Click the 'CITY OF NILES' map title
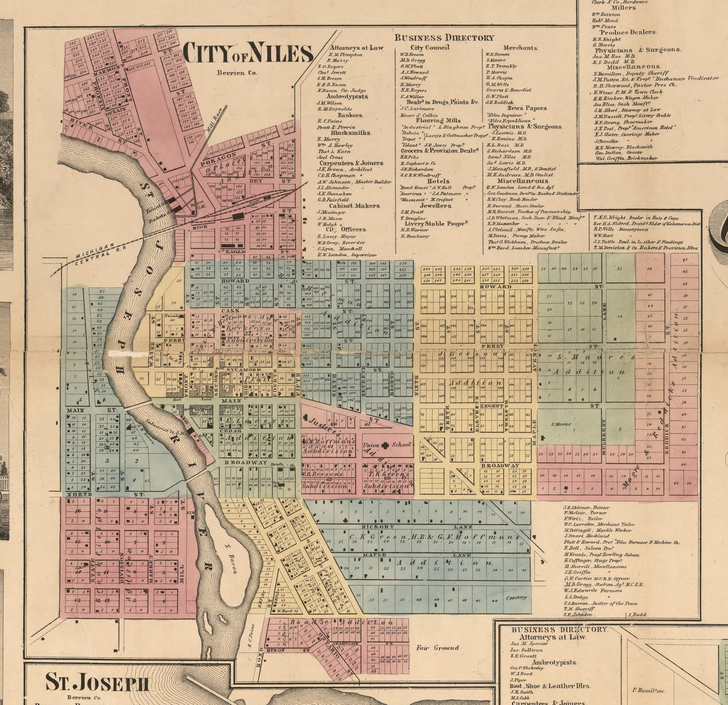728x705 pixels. pyautogui.click(x=248, y=53)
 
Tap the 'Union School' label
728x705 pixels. pyautogui.click(x=386, y=445)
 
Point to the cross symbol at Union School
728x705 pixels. pyautogui.click(x=385, y=445)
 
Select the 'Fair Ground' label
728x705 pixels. pyautogui.click(x=437, y=648)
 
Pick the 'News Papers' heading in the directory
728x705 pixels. pyautogui.click(x=527, y=108)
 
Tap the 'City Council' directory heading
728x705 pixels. pyautogui.click(x=429, y=47)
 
